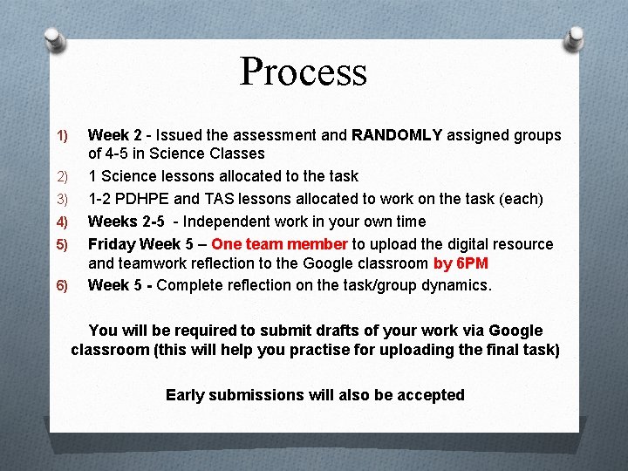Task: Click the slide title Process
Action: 304,72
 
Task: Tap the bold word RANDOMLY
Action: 397,135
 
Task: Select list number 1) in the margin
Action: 62,136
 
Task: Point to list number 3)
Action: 62,200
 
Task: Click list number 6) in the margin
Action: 62,286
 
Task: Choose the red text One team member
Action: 279,244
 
